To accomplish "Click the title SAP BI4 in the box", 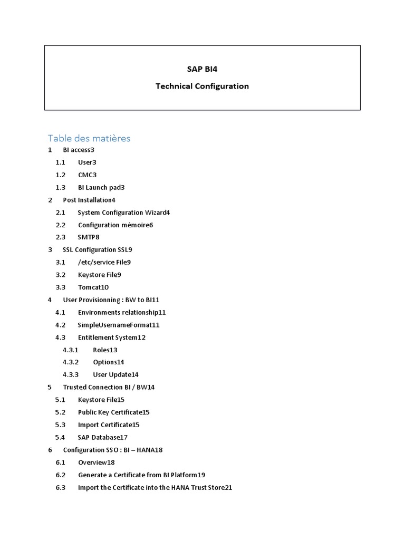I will coord(202,69).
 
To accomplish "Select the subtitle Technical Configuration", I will coord(202,86).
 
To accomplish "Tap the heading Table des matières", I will coord(89,138).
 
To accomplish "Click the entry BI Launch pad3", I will coord(101,187).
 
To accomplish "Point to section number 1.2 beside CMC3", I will coord(60,175).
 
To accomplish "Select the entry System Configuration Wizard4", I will coord(124,213).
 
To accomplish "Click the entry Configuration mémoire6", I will coord(115,225).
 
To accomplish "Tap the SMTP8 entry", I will coord(89,237).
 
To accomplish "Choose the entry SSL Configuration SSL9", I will coord(98,249).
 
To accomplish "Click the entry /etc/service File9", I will coord(104,262).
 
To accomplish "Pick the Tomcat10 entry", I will coord(93,287).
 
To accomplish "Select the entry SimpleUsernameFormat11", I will coord(119,325).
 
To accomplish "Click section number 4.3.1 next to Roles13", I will coord(71,350).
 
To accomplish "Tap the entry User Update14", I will coord(115,374).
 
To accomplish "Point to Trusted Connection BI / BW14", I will coord(109,387).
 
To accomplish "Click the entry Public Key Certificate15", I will coord(114,412).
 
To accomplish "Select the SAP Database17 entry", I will coord(103,437).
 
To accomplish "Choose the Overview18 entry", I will coord(97,462).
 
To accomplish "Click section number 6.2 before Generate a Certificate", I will coord(60,475).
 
